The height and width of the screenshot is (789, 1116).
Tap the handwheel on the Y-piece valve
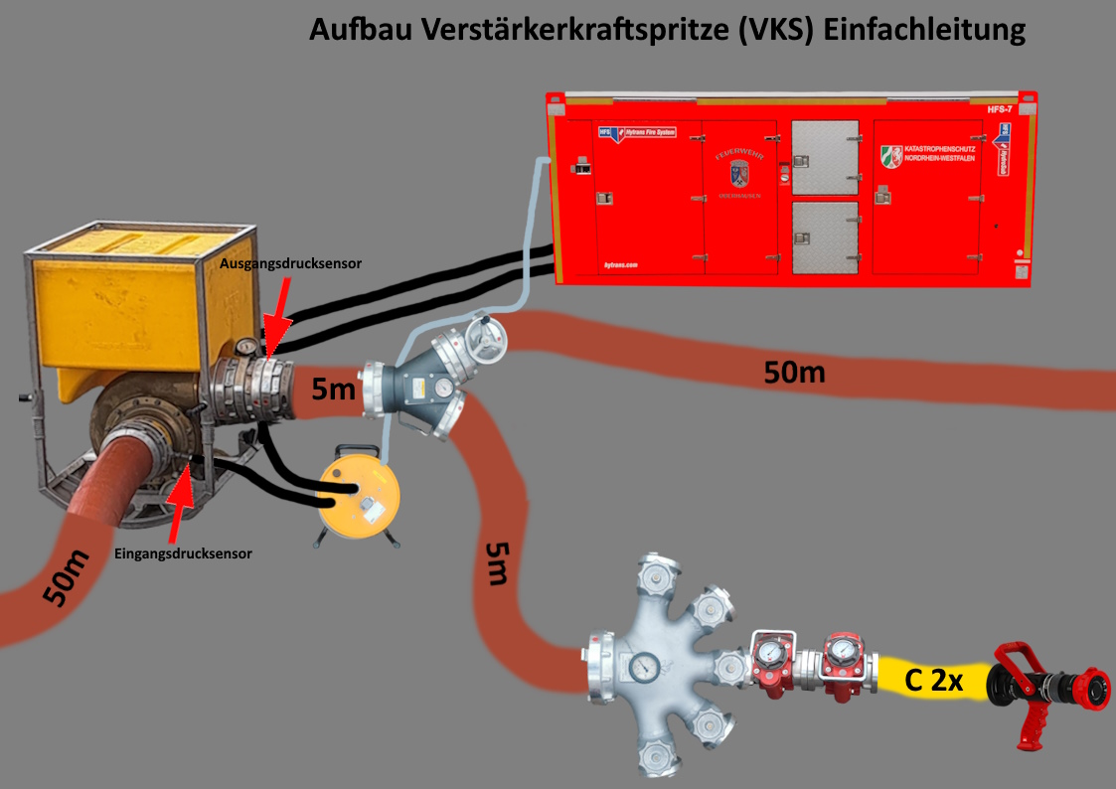click(x=488, y=342)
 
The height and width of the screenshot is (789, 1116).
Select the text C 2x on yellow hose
click(x=934, y=682)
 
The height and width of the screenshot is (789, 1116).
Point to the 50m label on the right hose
click(x=794, y=373)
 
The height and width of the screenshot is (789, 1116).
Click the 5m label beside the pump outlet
click(x=332, y=390)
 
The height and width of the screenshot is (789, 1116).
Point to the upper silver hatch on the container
click(x=824, y=158)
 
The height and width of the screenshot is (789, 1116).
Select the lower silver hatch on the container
click(x=824, y=237)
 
